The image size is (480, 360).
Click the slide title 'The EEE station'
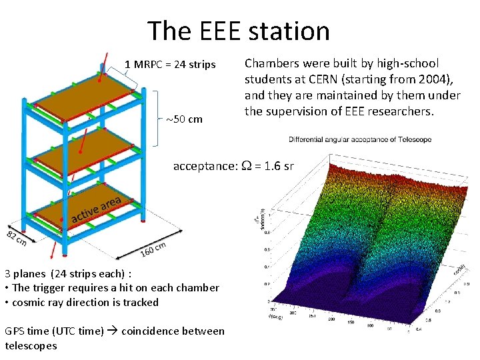[238, 31]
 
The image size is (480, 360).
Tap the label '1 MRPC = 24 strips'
[170, 65]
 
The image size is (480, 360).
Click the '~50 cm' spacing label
[184, 119]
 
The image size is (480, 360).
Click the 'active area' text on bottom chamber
[96, 209]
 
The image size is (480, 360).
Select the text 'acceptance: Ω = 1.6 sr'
[233, 166]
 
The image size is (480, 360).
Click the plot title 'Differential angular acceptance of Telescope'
[360, 139]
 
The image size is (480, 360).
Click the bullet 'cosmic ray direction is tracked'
[84, 302]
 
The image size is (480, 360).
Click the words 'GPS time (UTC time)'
[54, 331]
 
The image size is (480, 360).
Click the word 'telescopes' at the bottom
[31, 345]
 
